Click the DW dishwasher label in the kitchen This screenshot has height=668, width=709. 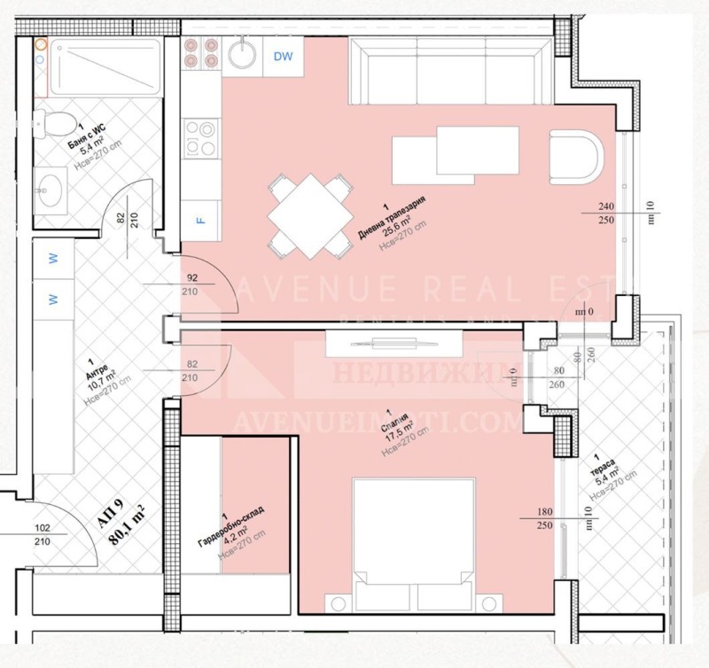pos(283,58)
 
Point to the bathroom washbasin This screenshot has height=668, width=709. pos(51,188)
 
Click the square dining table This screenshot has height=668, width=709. pos(310,215)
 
